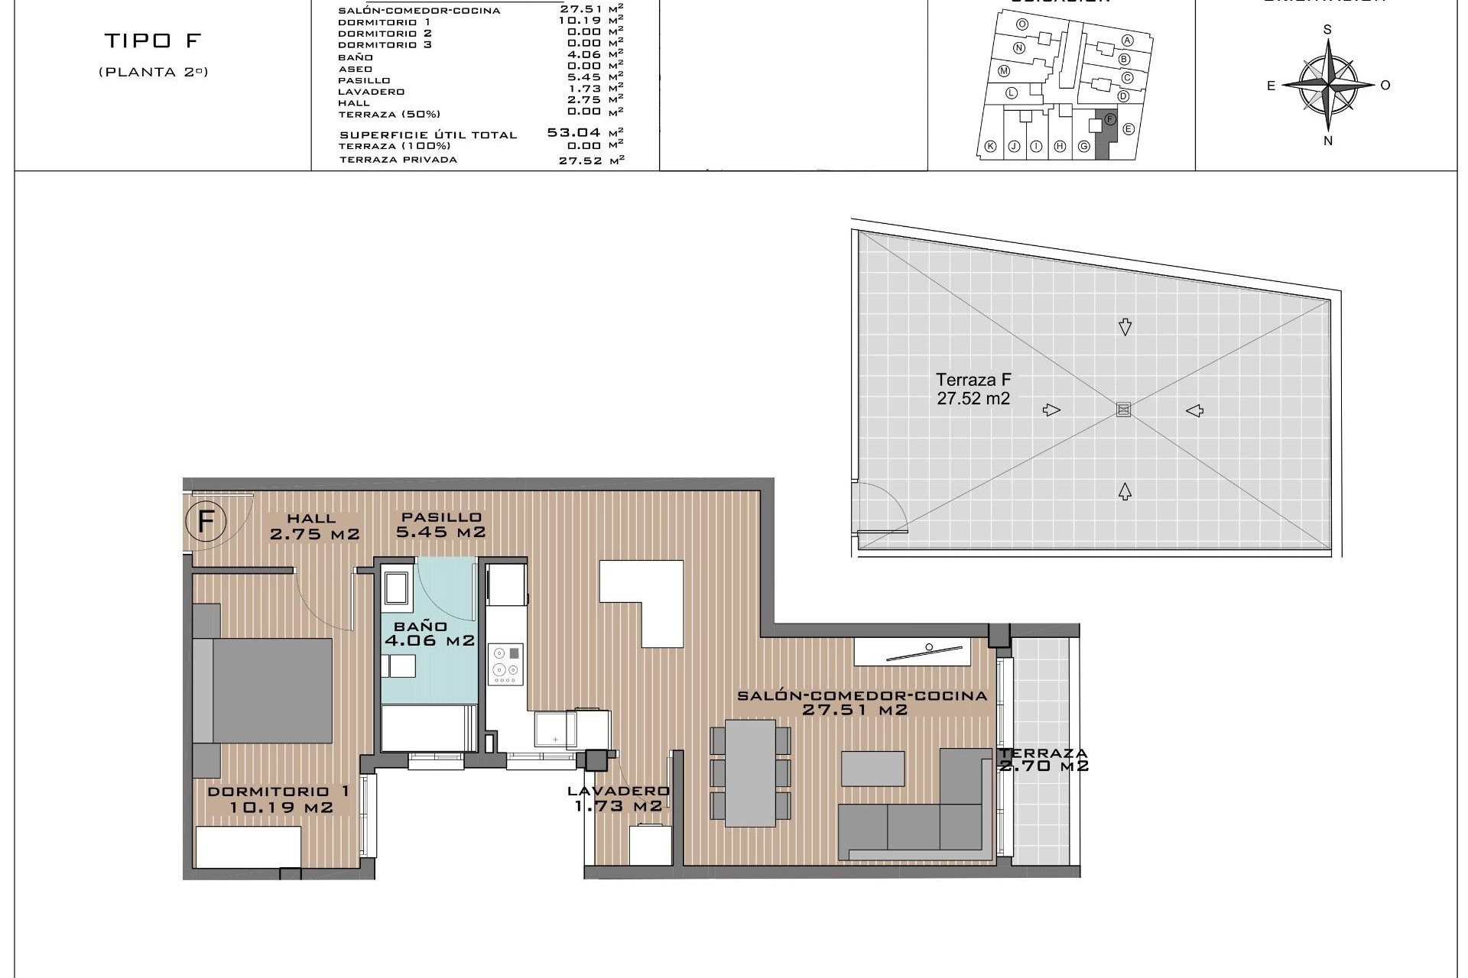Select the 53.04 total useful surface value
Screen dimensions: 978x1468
tap(573, 132)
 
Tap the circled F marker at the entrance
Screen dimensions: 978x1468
tap(206, 522)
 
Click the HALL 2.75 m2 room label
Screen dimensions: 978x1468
tap(314, 527)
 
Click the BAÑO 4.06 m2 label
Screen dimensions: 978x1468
tap(429, 634)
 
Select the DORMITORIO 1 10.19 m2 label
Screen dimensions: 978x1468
tap(280, 799)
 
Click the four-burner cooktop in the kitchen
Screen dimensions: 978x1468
tap(505, 664)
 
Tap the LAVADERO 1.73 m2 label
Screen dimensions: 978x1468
tap(619, 798)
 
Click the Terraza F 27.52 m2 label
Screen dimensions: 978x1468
tap(973, 388)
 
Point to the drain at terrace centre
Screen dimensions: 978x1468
tap(1123, 410)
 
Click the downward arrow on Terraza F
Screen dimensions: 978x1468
tap(1125, 327)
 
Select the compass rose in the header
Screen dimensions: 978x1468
tap(1328, 85)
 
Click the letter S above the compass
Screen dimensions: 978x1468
tap(1328, 30)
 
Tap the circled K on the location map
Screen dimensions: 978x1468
tap(990, 147)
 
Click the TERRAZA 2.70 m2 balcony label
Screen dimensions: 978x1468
tap(1044, 759)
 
